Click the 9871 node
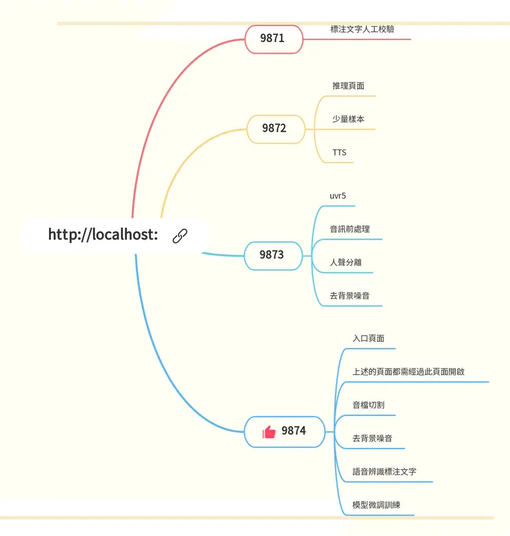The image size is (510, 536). (273, 39)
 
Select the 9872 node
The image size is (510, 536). (275, 128)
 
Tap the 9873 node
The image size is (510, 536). (272, 255)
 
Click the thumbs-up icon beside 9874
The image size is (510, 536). (269, 431)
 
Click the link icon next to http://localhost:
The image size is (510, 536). (180, 235)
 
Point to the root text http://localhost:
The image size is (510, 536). (103, 235)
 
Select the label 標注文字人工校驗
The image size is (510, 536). (363, 29)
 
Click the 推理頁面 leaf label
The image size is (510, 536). (348, 86)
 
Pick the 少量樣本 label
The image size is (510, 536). (348, 118)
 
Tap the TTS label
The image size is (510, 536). (339, 152)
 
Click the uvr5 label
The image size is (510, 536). (338, 196)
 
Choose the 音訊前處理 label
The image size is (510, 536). (349, 229)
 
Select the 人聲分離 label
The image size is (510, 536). (345, 262)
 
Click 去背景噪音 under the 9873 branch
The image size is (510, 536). (349, 296)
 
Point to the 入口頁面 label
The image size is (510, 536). (368, 338)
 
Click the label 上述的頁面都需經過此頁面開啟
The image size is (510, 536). (408, 371)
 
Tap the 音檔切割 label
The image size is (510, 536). (368, 404)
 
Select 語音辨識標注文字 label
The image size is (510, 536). (384, 472)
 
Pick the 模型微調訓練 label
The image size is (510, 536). (376, 505)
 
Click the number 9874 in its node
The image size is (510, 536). (294, 431)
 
